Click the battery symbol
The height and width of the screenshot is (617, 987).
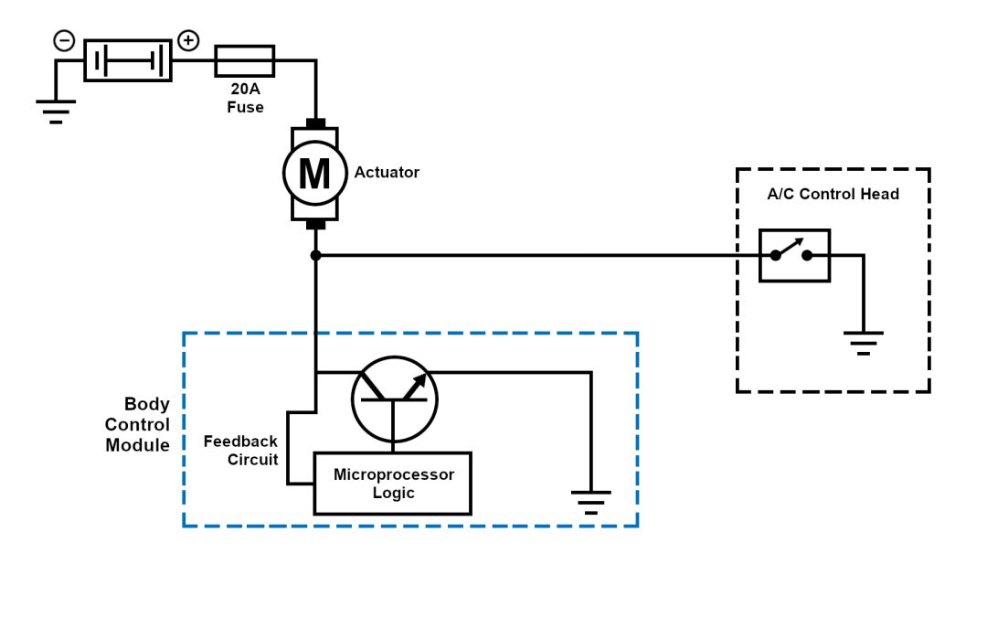pos(128,60)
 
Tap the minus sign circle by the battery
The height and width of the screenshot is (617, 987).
pos(64,40)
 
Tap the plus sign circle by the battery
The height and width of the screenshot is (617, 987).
pos(187,40)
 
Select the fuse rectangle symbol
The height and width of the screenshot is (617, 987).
pos(244,60)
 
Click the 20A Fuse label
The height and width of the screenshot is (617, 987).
pos(245,99)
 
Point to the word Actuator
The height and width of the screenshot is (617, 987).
pos(387,172)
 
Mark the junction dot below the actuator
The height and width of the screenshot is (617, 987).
pos(315,255)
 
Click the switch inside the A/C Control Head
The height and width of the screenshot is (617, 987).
pos(793,255)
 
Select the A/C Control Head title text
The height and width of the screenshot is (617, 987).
pos(833,194)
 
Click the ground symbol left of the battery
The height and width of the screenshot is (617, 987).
pos(56,111)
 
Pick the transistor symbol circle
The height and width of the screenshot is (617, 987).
pos(395,399)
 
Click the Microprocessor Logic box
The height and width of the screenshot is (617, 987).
pos(393,484)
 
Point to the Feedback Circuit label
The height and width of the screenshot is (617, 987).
pos(240,451)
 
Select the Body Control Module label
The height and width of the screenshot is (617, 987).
pos(138,425)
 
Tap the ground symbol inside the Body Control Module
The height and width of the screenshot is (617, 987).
pos(590,501)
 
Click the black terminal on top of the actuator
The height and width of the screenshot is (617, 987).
pos(315,123)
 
